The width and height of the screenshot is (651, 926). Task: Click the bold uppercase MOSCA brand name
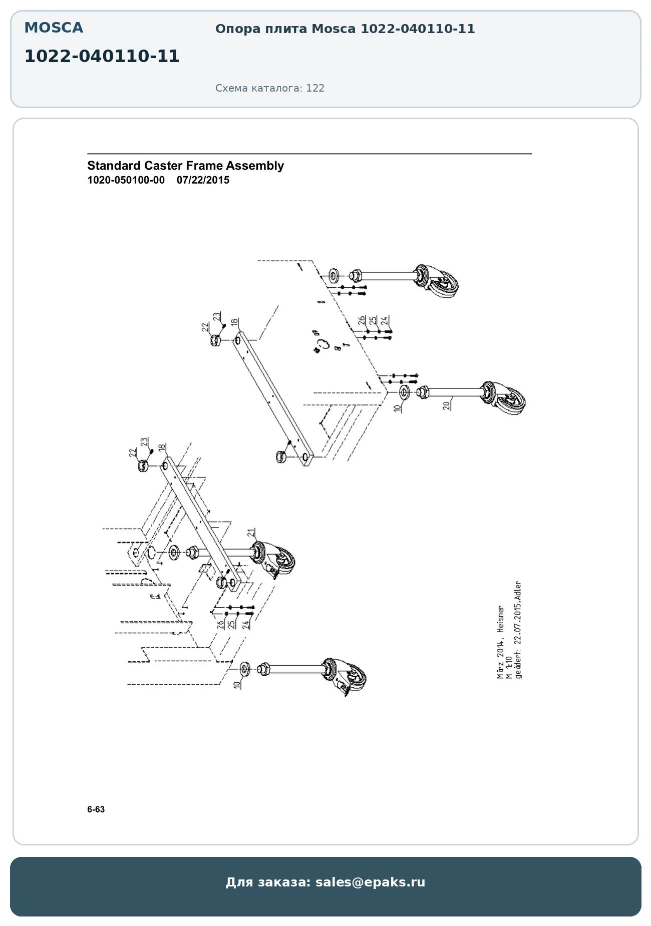coord(54,28)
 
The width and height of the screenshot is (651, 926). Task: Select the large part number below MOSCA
coord(102,57)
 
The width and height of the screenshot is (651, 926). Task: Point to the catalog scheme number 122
coord(315,88)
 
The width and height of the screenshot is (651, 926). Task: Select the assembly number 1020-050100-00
coord(126,180)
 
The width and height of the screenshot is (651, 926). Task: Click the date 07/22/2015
coord(203,180)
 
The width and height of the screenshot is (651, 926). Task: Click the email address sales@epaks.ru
coord(370,882)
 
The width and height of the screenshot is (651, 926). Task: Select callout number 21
coord(251,533)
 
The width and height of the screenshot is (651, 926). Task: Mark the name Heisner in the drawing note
coord(500,619)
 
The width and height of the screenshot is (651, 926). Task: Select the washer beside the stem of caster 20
coord(404,391)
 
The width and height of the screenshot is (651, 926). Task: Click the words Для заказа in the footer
coord(268,882)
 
